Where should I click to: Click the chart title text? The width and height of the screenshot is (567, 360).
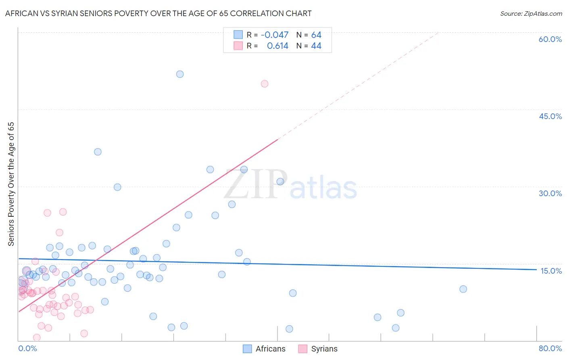pyautogui.click(x=158, y=13)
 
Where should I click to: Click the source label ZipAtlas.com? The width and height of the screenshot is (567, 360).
pyautogui.click(x=531, y=13)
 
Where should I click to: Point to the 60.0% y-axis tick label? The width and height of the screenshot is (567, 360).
pyautogui.click(x=550, y=39)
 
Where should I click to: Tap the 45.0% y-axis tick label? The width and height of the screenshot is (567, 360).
pyautogui.click(x=550, y=116)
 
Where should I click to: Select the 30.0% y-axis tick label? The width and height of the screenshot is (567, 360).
pyautogui.click(x=550, y=193)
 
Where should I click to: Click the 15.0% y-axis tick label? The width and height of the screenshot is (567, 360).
pyautogui.click(x=551, y=271)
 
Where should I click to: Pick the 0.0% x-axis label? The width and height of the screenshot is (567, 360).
pyautogui.click(x=27, y=348)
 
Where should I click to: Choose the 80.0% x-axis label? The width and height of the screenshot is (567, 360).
pyautogui.click(x=550, y=348)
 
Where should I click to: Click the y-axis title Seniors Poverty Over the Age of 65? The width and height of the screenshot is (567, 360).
pyautogui.click(x=11, y=184)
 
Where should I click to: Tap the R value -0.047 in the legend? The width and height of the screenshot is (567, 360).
pyautogui.click(x=275, y=35)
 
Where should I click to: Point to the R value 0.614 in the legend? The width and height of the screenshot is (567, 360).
pyautogui.click(x=277, y=46)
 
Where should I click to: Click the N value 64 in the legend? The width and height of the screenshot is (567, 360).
pyautogui.click(x=316, y=35)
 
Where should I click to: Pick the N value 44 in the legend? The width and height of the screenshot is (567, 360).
pyautogui.click(x=316, y=46)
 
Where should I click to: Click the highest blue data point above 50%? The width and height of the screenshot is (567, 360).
pyautogui.click(x=180, y=74)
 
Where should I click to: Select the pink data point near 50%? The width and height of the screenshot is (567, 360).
pyautogui.click(x=265, y=84)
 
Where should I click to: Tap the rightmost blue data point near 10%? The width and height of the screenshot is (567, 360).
pyautogui.click(x=463, y=289)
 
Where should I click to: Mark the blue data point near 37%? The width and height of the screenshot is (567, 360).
pyautogui.click(x=98, y=152)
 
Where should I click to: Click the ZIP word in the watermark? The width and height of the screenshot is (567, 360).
pyautogui.click(x=256, y=185)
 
